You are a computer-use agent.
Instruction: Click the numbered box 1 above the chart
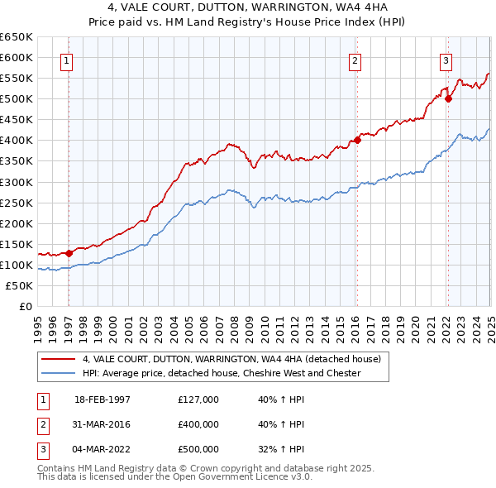(x=65, y=60)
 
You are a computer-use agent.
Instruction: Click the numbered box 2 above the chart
(x=355, y=60)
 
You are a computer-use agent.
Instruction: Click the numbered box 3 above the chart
(x=446, y=60)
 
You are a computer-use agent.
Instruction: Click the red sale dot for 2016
(x=358, y=140)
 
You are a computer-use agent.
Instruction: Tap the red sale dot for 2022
(x=449, y=98)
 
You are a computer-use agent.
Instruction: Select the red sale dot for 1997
(x=69, y=253)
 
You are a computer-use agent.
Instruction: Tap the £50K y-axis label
(x=19, y=285)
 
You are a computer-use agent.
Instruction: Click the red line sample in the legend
(x=58, y=359)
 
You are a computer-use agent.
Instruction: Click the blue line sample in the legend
(x=58, y=373)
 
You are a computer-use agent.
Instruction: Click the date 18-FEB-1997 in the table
(x=103, y=400)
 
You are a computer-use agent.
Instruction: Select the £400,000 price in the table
(x=198, y=424)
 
